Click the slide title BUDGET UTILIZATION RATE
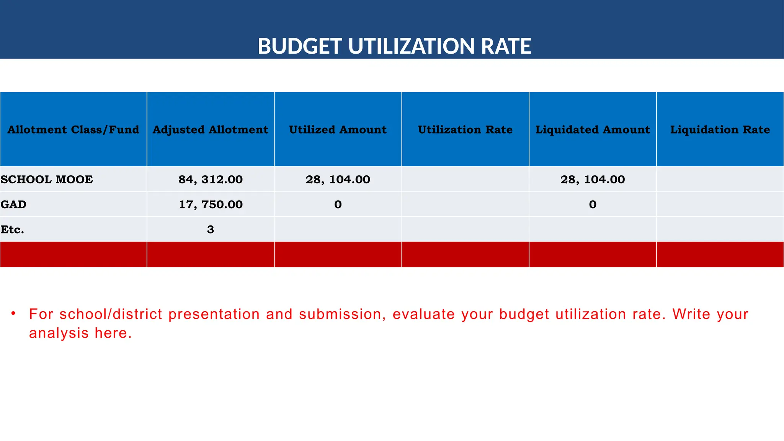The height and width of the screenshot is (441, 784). tap(394, 46)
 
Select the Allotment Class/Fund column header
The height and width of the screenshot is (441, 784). tap(73, 130)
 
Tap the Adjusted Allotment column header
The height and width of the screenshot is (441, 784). tap(211, 130)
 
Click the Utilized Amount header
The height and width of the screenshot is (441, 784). tap(338, 130)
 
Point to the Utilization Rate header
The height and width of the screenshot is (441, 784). tap(465, 130)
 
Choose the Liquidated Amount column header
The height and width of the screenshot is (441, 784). tap(593, 130)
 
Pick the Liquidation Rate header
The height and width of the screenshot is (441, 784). tap(720, 130)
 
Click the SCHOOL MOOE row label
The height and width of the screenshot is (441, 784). tap(47, 180)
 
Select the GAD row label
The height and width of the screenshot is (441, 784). tap(13, 204)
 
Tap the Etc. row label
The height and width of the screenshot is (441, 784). tap(12, 230)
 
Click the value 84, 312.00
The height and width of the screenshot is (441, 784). tap(211, 180)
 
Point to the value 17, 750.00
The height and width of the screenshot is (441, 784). tap(211, 204)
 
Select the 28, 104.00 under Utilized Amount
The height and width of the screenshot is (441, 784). tap(338, 180)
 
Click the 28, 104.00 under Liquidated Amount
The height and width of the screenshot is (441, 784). tap(593, 180)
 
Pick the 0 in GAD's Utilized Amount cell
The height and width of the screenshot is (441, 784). tap(338, 204)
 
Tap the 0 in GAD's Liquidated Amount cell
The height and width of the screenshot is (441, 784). tap(593, 204)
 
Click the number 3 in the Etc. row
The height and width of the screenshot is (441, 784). tap(211, 230)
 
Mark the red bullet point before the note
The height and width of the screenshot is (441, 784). tap(13, 314)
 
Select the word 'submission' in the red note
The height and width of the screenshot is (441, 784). tap(340, 314)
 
